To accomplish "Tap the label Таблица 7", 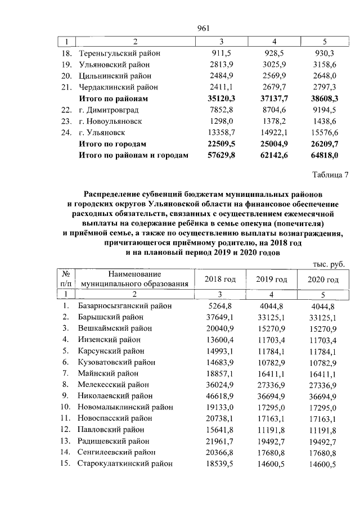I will [x=330, y=174].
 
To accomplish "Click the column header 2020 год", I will [x=323, y=280].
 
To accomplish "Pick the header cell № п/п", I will [x=66, y=279].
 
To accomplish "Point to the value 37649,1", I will [x=216, y=317].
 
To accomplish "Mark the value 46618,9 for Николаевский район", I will [x=216, y=396].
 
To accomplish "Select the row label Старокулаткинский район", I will [x=125, y=463].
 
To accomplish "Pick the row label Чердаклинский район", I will [x=119, y=87].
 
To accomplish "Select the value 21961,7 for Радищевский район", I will [x=216, y=441].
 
